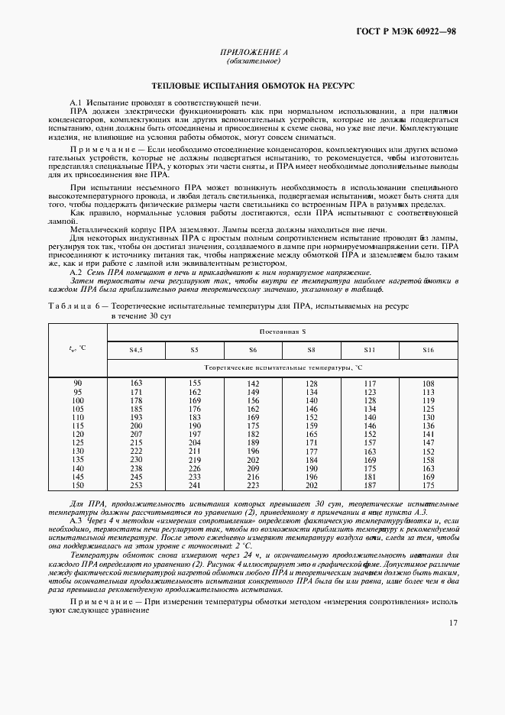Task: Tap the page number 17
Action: pyautogui.click(x=453, y=623)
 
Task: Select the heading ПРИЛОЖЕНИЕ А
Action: pyautogui.click(x=251, y=52)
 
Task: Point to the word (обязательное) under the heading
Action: pyautogui.click(x=251, y=61)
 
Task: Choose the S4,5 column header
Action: pyautogui.click(x=137, y=350)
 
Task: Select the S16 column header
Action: pyautogui.click(x=428, y=350)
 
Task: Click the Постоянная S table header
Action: pyautogui.click(x=283, y=332)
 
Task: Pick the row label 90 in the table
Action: pyautogui.click(x=77, y=383)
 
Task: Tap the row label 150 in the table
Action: pyautogui.click(x=77, y=485)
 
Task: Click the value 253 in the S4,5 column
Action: pyautogui.click(x=137, y=485)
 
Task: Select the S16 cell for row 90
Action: pyautogui.click(x=428, y=383)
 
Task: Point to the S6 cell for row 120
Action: pyautogui.click(x=253, y=433)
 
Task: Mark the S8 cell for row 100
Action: pyautogui.click(x=312, y=400)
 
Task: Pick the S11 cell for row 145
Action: pyautogui.click(x=371, y=476)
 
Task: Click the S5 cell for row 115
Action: pyautogui.click(x=195, y=425)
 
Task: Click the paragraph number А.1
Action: pyautogui.click(x=76, y=102)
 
